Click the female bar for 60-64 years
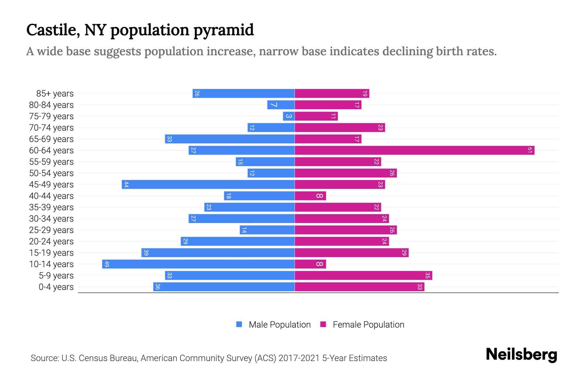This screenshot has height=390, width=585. click(414, 150)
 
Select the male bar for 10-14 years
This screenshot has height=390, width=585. click(198, 264)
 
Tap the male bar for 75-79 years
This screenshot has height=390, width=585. click(289, 116)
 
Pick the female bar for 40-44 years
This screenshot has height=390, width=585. click(310, 196)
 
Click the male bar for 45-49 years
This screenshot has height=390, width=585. click(208, 184)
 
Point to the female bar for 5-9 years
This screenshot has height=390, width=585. click(363, 275)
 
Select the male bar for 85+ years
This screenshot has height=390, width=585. click(243, 93)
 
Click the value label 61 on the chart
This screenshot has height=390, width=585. click(530, 150)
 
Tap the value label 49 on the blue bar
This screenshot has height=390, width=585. click(107, 264)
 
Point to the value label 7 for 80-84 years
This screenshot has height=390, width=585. click(273, 105)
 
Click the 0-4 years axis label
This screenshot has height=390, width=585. click(56, 287)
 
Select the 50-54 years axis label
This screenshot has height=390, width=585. click(51, 173)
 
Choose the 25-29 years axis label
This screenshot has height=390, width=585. click(51, 230)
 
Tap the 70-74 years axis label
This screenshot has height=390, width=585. click(51, 128)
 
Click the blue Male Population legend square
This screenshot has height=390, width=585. click(239, 324)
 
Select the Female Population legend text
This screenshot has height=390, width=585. click(368, 324)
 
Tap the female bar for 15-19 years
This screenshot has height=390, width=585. click(351, 253)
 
